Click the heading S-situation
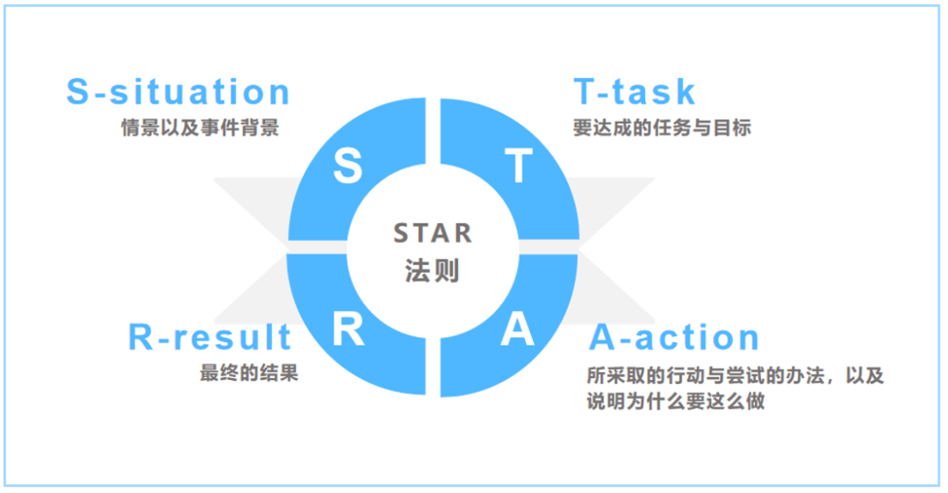point(178,92)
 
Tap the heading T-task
point(635,92)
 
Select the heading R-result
point(210,337)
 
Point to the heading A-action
point(674,337)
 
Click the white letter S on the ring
point(348,166)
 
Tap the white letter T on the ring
point(519,166)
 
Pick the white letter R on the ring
point(348,329)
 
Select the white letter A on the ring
point(518,329)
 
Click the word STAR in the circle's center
point(432,233)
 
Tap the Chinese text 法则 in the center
point(432,270)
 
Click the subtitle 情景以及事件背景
point(200,128)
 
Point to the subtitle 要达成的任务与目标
point(662,128)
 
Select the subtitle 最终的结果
point(249,373)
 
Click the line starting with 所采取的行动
point(736,375)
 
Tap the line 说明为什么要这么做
point(676,401)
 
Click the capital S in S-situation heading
point(78,92)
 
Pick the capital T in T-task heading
point(585,92)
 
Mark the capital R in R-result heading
point(140,337)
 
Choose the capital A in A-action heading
point(603,337)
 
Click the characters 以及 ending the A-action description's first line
point(865,375)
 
